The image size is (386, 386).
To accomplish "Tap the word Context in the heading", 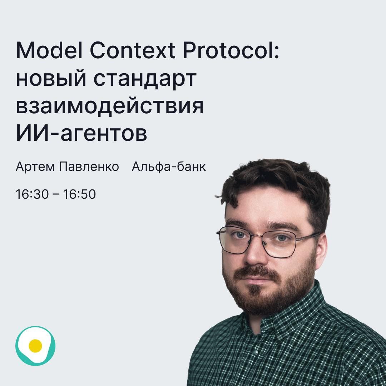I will click(132, 51).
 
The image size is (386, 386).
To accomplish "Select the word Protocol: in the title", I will click(231, 51).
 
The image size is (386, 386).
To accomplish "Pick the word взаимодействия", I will click(109, 106).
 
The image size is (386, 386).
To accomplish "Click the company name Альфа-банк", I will click(169, 167).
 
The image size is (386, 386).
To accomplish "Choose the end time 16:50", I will click(79, 194).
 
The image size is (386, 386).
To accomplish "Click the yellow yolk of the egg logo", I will click(35, 346).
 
